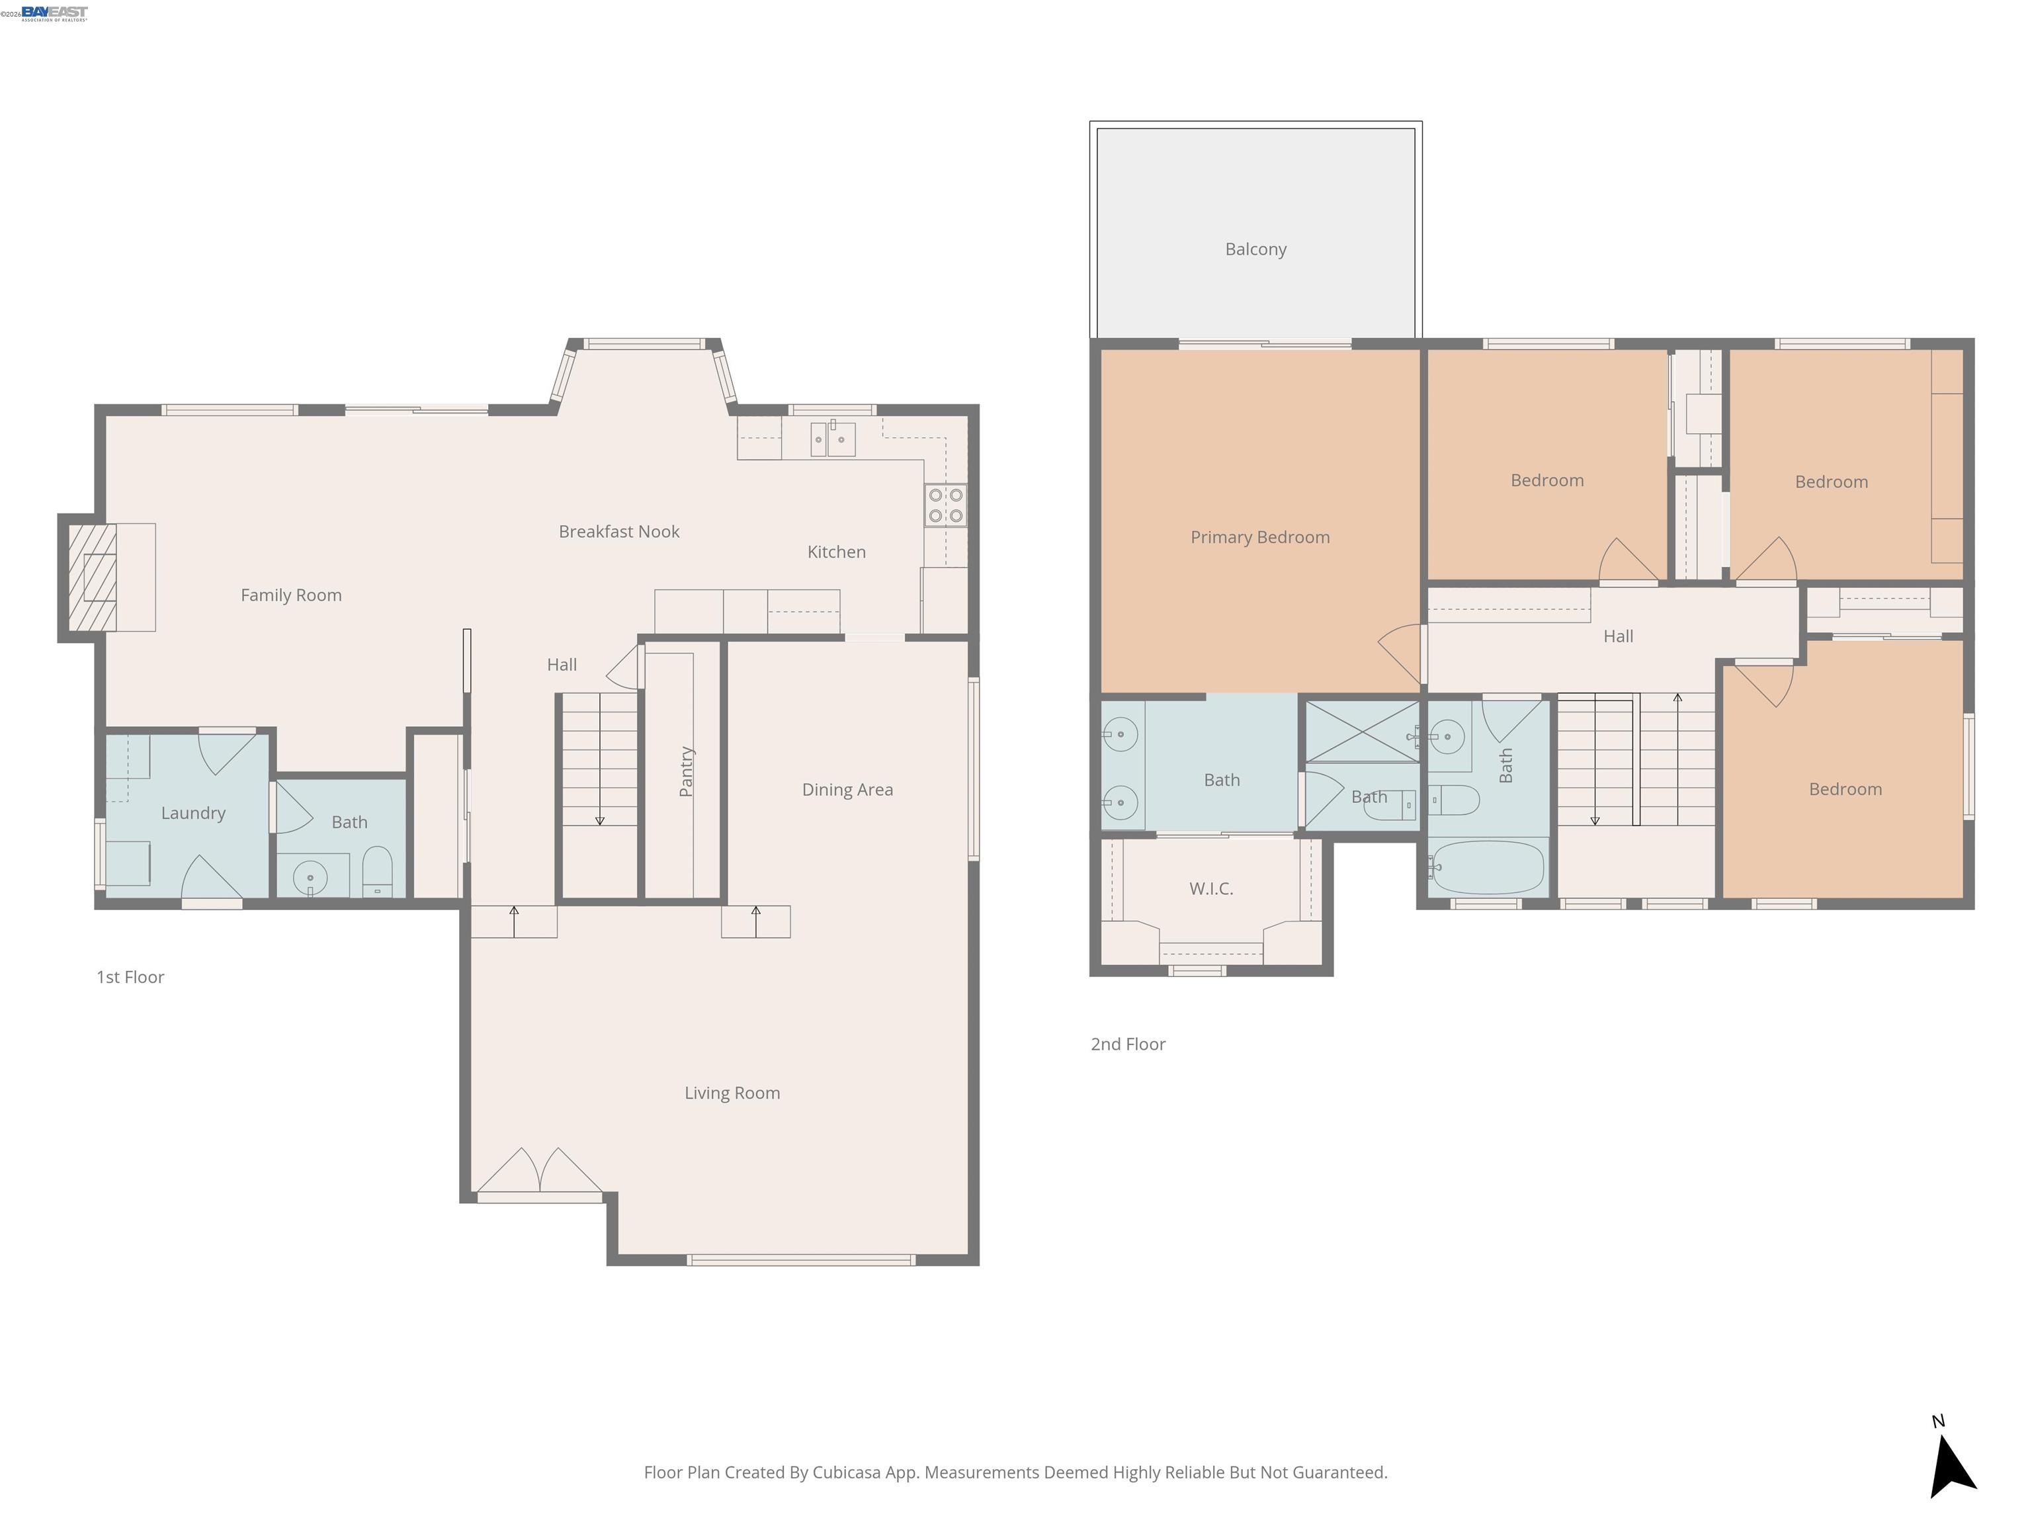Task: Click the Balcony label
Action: pyautogui.click(x=1255, y=249)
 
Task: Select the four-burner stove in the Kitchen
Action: pyautogui.click(x=945, y=505)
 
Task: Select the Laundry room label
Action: pyautogui.click(x=193, y=813)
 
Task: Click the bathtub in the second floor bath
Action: pyautogui.click(x=1487, y=867)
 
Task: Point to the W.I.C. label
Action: pyautogui.click(x=1210, y=888)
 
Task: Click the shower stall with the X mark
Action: pyautogui.click(x=1361, y=731)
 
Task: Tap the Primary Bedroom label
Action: pyautogui.click(x=1259, y=537)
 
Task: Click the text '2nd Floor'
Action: pyautogui.click(x=1127, y=1044)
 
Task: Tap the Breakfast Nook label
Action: pyautogui.click(x=618, y=532)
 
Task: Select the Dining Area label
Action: pyautogui.click(x=846, y=790)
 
